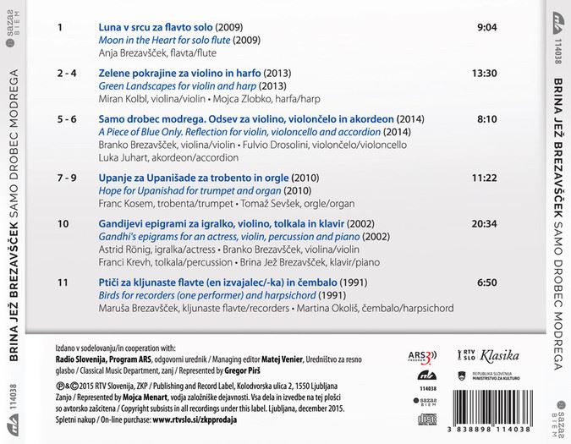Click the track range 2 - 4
67,74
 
